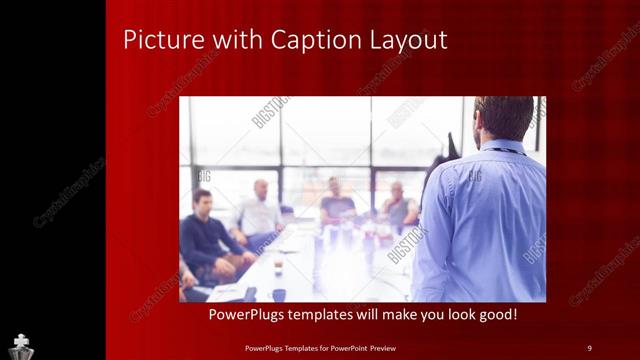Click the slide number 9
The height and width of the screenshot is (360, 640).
(x=589, y=348)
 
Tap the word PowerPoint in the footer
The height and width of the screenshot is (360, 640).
(x=353, y=348)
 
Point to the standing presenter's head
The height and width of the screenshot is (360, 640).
(x=504, y=118)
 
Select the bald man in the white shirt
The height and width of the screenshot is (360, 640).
(x=259, y=210)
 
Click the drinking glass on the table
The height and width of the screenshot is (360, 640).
(x=277, y=264)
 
